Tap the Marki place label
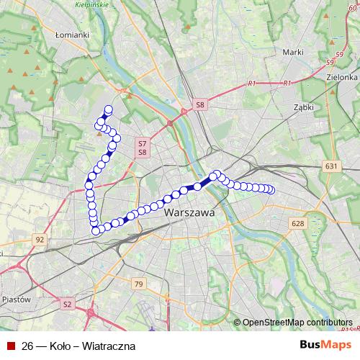tap(292, 52)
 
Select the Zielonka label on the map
tap(342, 77)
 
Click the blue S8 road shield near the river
tap(200, 106)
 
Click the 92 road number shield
tap(40, 239)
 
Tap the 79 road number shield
tap(138, 285)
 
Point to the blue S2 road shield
tap(67, 305)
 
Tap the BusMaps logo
tap(326, 345)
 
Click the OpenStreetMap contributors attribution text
tap(297, 323)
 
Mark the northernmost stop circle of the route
tap(109, 109)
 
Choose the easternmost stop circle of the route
tap(271, 190)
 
